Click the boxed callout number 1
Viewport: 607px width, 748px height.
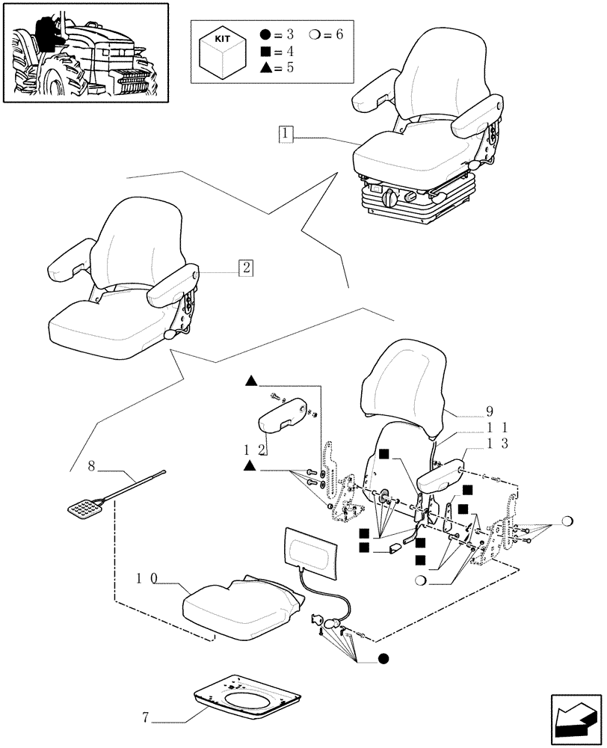point(286,135)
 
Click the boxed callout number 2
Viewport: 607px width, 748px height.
point(246,268)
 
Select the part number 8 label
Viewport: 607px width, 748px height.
point(92,467)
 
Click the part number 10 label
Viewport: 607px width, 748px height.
point(147,578)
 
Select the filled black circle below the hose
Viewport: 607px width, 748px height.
point(383,659)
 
